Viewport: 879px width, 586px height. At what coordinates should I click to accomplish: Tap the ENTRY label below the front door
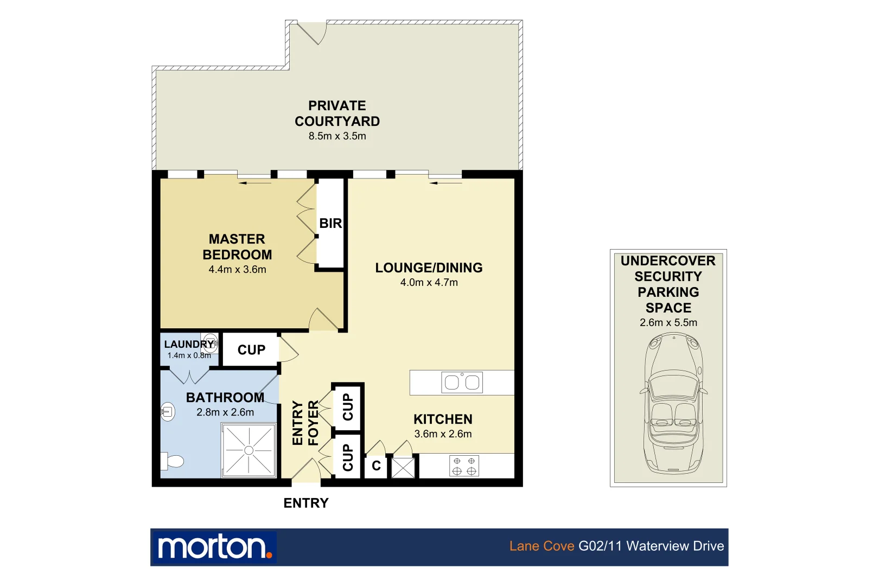point(306,504)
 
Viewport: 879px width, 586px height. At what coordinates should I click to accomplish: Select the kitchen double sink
point(462,383)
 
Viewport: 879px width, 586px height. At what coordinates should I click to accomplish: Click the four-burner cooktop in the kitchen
point(464,466)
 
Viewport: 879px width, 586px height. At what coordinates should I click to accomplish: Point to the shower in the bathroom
point(249,450)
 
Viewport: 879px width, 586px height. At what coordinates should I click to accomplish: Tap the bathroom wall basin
point(168,412)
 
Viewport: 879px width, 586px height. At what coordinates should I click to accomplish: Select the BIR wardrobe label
point(330,224)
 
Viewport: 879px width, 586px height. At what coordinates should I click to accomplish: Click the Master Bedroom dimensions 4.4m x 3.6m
point(237,270)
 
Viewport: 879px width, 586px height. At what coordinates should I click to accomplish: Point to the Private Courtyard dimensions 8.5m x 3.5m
point(337,136)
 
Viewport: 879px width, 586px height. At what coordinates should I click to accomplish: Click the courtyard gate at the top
point(313,33)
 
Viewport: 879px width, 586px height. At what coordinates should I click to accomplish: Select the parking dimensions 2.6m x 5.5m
point(668,323)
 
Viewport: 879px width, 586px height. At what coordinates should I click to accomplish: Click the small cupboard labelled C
point(376,466)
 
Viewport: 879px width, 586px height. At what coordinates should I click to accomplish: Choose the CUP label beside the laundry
point(251,350)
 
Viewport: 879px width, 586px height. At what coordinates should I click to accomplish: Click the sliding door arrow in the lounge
point(446,183)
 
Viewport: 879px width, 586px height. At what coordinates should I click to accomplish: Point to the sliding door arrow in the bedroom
point(254,183)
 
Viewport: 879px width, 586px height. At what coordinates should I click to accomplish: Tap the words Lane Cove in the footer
point(542,546)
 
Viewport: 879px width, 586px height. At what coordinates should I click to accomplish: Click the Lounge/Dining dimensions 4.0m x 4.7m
point(429,283)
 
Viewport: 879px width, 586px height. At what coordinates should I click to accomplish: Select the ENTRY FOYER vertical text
point(305,423)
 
